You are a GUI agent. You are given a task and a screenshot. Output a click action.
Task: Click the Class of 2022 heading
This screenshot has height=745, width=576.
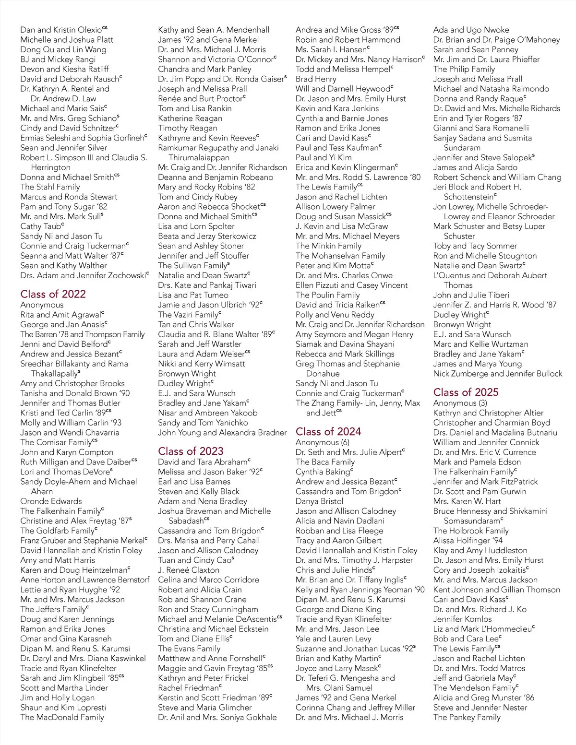point(53,294)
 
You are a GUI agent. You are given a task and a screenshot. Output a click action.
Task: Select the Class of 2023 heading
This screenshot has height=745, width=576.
point(191,451)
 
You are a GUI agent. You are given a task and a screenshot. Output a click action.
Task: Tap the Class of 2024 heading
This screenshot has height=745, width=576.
point(328,431)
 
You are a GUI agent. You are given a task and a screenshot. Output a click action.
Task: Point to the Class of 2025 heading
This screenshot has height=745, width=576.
point(466,392)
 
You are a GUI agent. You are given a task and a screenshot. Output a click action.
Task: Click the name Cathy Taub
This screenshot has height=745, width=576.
point(42,226)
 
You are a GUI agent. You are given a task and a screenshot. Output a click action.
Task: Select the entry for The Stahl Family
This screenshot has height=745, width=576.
point(50,187)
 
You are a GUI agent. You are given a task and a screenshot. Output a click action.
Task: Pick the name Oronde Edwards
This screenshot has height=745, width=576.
point(51,501)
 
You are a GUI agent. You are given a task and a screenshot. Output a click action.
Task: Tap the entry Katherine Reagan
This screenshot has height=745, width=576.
point(190,118)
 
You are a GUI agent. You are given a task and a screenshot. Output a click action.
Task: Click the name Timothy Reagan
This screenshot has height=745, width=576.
point(188,128)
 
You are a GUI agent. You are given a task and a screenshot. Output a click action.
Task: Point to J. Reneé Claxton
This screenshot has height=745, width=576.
point(189,570)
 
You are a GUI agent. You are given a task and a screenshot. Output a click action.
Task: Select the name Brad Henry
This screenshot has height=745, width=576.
point(316,79)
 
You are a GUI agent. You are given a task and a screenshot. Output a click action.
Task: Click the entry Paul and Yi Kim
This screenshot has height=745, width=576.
point(324,157)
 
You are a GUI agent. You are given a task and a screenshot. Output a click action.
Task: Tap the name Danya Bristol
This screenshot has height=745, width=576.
point(319,501)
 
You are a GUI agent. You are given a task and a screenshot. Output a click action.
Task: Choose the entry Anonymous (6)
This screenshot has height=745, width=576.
point(323,442)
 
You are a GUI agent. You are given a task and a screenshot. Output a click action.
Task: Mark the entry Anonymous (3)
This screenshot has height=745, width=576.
point(460,403)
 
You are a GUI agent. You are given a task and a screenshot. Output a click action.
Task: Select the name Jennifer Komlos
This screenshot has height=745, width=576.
point(462,619)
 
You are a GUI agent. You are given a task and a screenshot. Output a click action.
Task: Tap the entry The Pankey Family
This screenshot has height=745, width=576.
point(467,717)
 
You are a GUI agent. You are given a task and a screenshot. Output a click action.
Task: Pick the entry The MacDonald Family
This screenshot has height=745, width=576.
point(62,717)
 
